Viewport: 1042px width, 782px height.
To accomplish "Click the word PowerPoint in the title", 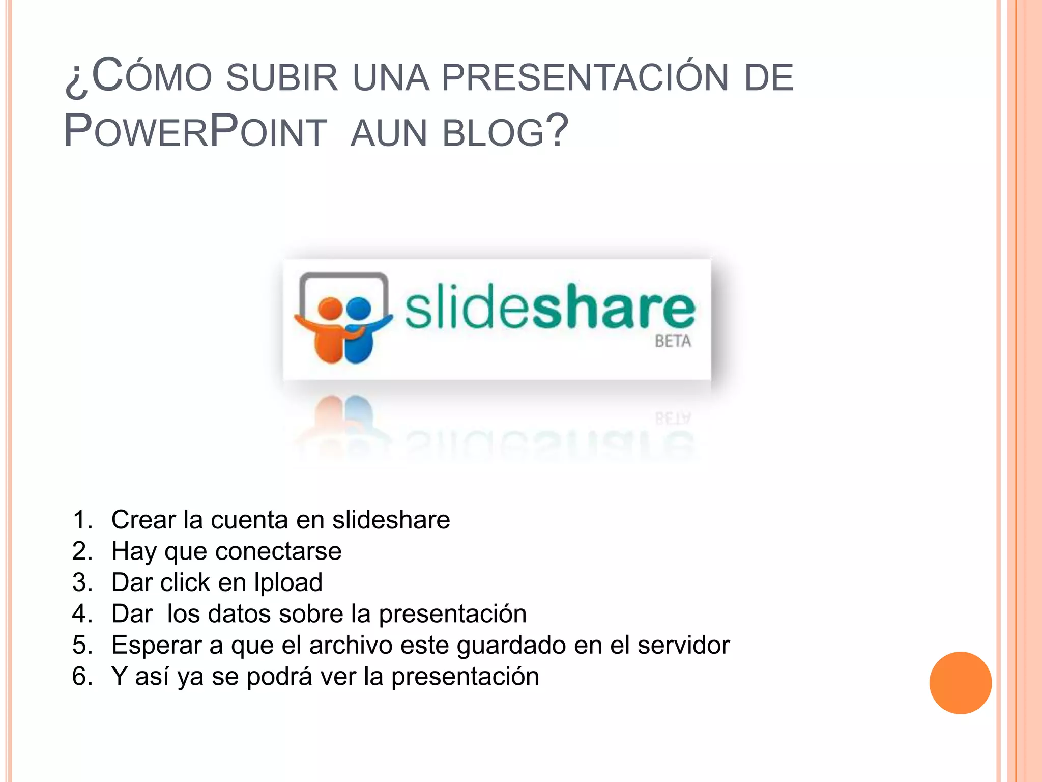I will click(195, 131).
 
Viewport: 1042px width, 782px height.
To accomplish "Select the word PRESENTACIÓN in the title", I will click(585, 78).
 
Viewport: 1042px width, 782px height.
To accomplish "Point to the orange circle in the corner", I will click(960, 683).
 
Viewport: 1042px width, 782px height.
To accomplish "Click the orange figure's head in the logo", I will click(330, 308).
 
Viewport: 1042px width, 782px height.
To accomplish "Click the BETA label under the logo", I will click(673, 341).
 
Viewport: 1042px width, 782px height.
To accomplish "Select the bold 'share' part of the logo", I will click(613, 307).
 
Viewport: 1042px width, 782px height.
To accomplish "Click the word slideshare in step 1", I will click(391, 520).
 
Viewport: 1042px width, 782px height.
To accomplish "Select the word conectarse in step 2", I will click(278, 551).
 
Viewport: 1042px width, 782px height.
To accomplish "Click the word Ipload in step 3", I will click(288, 583).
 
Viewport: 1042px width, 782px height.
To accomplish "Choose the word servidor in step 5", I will click(683, 645).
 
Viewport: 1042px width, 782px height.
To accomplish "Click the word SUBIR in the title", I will click(282, 78).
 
